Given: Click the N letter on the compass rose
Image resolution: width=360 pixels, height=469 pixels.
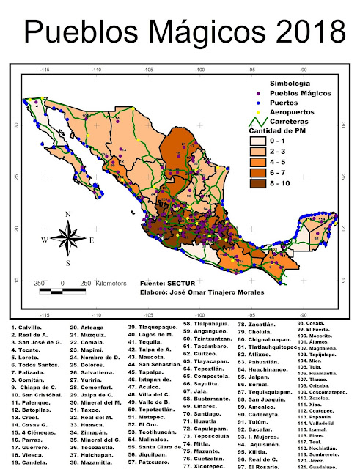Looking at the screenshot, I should pos(67,215).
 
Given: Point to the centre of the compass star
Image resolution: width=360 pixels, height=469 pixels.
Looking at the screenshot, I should pos(67,239).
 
